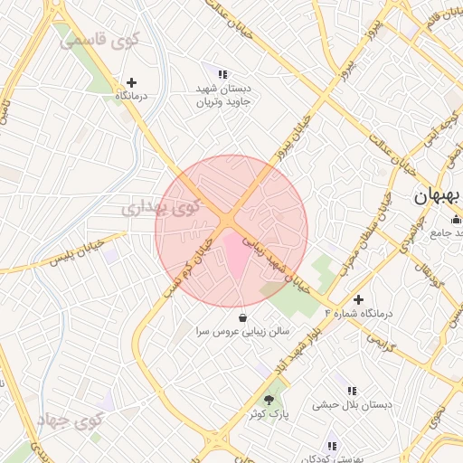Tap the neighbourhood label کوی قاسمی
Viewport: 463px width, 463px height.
[99, 40]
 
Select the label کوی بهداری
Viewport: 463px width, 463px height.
[160, 209]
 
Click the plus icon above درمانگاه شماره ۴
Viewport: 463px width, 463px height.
[359, 299]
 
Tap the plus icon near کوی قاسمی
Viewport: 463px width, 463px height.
[132, 82]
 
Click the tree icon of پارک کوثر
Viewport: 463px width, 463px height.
[268, 399]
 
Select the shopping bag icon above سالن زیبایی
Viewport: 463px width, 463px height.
[242, 317]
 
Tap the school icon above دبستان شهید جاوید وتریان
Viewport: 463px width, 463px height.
[223, 74]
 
